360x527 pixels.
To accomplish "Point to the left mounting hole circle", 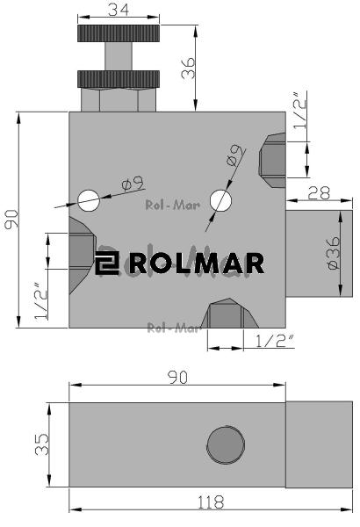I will (88, 200).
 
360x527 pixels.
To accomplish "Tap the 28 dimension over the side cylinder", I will (319, 192).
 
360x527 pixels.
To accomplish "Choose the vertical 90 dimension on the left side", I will (11, 220).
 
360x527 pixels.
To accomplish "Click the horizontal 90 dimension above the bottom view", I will (178, 376).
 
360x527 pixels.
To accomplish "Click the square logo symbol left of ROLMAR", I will (108, 263).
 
